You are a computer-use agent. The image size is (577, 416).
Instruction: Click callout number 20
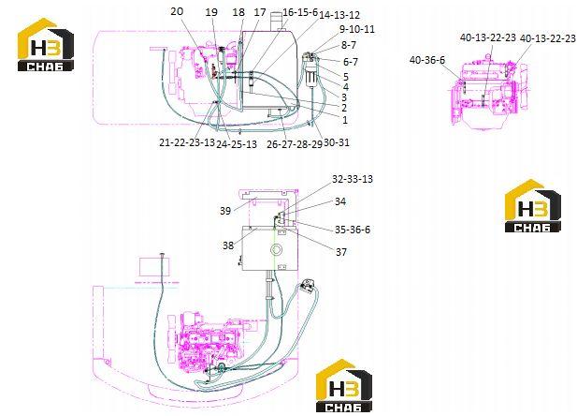pyautogui.click(x=177, y=11)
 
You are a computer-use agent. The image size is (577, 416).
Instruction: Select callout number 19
pyautogui.click(x=211, y=12)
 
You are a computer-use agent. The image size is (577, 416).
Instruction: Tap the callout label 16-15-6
pyautogui.click(x=300, y=12)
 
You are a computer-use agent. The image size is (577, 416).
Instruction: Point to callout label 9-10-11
pyautogui.click(x=356, y=29)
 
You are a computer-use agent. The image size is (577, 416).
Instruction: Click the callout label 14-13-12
pyautogui.click(x=339, y=15)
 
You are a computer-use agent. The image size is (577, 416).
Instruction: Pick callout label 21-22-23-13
pyautogui.click(x=187, y=142)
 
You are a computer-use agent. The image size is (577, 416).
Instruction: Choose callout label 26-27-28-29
pyautogui.click(x=295, y=144)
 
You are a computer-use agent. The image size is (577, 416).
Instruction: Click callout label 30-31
pyautogui.click(x=337, y=142)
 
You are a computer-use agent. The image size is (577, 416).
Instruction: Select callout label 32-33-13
pyautogui.click(x=353, y=179)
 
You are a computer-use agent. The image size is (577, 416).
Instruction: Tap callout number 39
pyautogui.click(x=225, y=211)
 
